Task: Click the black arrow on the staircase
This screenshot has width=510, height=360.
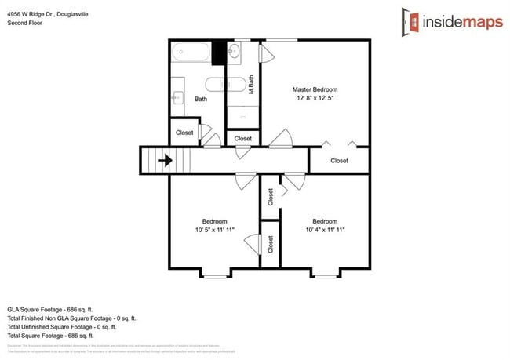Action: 166,161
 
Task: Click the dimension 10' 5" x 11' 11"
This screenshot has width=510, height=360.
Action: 215,231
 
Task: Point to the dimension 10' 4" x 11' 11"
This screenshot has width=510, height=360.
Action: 325,231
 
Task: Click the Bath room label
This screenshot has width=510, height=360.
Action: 200,100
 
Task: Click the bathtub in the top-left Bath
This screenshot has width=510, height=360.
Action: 191,53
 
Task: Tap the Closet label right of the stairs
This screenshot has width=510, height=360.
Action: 184,133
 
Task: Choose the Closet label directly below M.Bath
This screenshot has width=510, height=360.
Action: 243,139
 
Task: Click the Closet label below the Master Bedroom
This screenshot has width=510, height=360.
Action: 339,161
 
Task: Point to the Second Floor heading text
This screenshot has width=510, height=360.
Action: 24,24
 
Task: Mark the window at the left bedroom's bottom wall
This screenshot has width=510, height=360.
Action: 214,275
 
